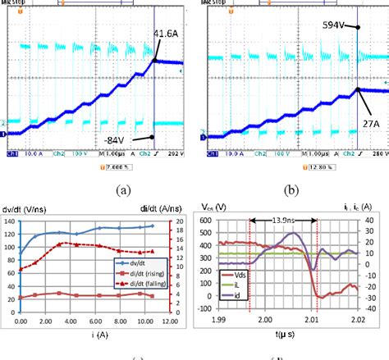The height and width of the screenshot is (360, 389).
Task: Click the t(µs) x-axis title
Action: click(286, 335)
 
